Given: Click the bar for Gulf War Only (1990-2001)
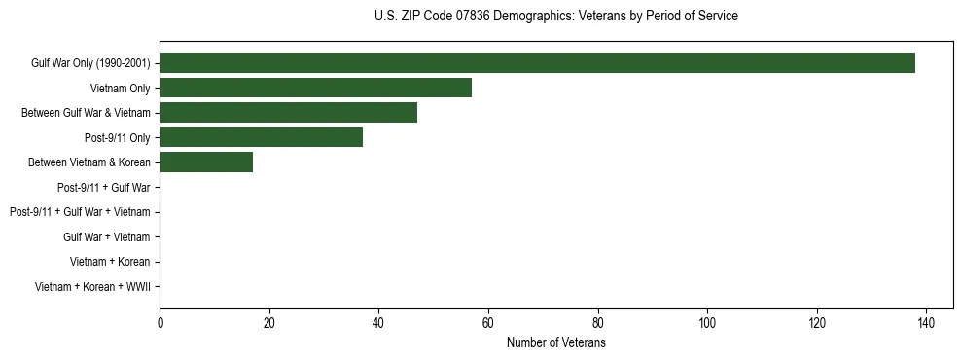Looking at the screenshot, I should (x=537, y=63).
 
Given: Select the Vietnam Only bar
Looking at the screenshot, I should (x=315, y=88).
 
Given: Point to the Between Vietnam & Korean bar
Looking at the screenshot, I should (x=206, y=162).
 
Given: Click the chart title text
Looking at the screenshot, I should (x=555, y=17).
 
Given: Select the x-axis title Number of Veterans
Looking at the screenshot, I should (x=555, y=343).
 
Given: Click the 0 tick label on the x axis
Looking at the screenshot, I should (x=160, y=324).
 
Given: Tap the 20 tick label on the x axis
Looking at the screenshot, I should (x=269, y=324).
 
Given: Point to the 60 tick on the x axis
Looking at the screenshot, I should (x=488, y=324).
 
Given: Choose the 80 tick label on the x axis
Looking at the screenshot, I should (x=597, y=324).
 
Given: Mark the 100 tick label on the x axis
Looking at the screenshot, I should (x=707, y=324).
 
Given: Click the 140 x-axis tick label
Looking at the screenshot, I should (x=926, y=324).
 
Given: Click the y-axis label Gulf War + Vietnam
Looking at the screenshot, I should (x=106, y=236).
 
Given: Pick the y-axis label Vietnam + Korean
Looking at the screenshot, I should (x=110, y=262).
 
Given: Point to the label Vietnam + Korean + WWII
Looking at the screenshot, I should (x=92, y=286).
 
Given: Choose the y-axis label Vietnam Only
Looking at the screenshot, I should (x=120, y=88).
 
